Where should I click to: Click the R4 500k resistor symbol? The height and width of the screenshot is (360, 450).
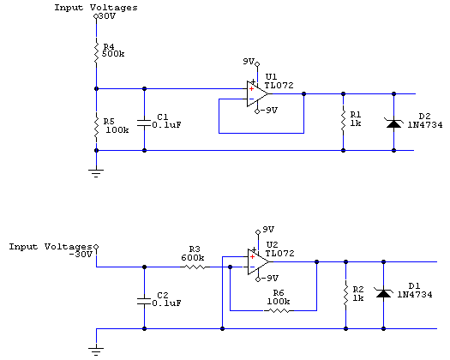[x=96, y=51]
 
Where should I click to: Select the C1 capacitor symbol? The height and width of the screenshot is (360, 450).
[x=144, y=123]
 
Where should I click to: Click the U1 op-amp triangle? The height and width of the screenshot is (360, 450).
[x=257, y=94]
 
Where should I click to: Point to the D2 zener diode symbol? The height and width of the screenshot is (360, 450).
[x=393, y=123]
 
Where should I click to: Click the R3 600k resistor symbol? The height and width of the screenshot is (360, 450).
[x=195, y=267]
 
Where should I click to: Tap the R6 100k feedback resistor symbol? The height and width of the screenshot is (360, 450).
[x=279, y=310]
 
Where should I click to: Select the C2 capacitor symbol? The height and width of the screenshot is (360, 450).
[x=144, y=302]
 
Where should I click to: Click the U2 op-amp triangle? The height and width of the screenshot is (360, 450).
[x=258, y=261]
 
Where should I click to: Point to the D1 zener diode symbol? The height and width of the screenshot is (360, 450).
[x=383, y=293]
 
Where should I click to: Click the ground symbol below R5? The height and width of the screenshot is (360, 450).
[x=96, y=173]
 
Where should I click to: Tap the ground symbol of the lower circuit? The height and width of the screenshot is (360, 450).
[x=96, y=351]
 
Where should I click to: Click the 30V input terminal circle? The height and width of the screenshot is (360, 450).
[x=96, y=16]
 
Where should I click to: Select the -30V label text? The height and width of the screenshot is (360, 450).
[x=81, y=255]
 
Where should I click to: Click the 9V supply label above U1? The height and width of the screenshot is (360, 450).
[x=249, y=61]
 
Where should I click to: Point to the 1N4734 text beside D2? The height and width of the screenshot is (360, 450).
[x=425, y=125]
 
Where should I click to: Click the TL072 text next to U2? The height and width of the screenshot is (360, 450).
[x=279, y=253]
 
